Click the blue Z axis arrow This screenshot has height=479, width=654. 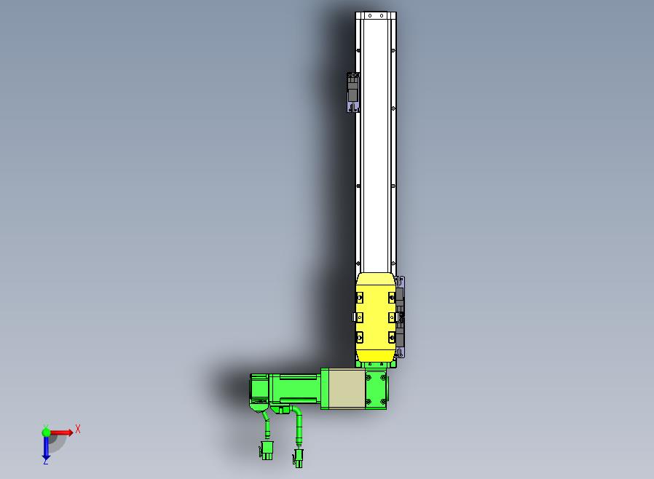pos(46,447)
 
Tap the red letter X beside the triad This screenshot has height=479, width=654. pos(78,429)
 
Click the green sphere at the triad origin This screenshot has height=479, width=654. pos(46,432)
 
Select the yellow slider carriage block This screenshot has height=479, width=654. pos(375,317)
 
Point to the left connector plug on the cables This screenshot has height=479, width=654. pos(266,451)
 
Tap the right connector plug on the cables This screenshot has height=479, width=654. pos(298,458)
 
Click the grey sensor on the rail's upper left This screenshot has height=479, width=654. pos(353,92)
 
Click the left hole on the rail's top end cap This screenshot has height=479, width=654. pos(369,16)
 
